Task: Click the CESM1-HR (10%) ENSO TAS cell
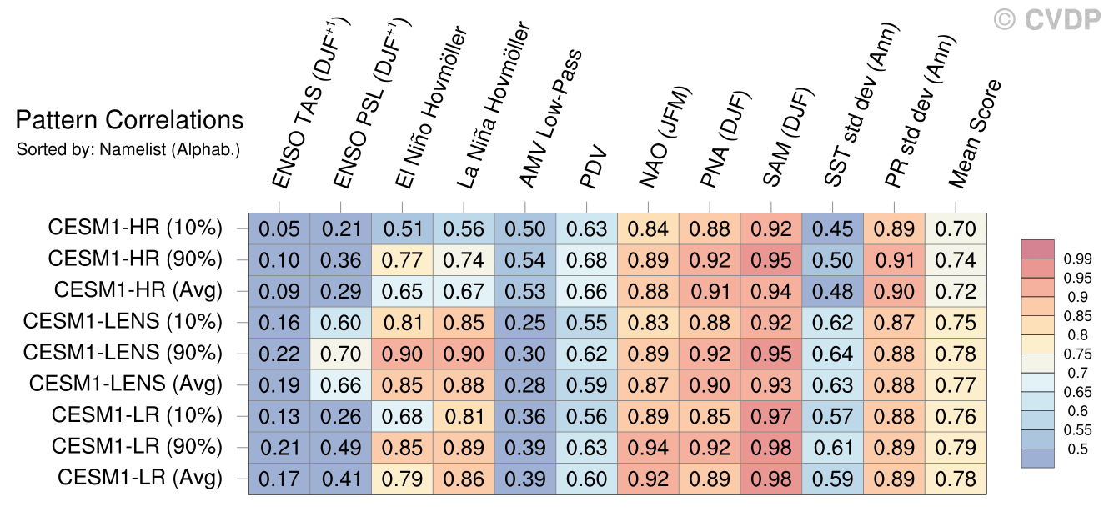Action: coord(279,228)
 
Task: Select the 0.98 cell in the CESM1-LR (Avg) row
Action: coord(771,479)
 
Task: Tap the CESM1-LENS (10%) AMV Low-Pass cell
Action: coord(525,323)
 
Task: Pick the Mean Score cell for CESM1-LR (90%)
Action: coord(956,448)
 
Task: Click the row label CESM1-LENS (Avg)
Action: coord(126,384)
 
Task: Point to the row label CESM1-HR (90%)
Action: coord(135,259)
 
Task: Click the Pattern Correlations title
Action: coord(129,121)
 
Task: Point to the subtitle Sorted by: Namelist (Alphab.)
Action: coord(128,150)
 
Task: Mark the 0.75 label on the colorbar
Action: coord(1079,354)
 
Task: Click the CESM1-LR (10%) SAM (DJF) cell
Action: coord(771,416)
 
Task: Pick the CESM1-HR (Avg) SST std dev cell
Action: coord(833,291)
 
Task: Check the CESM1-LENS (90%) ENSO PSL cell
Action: coord(340,354)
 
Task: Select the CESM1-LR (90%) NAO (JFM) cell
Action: coord(648,448)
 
